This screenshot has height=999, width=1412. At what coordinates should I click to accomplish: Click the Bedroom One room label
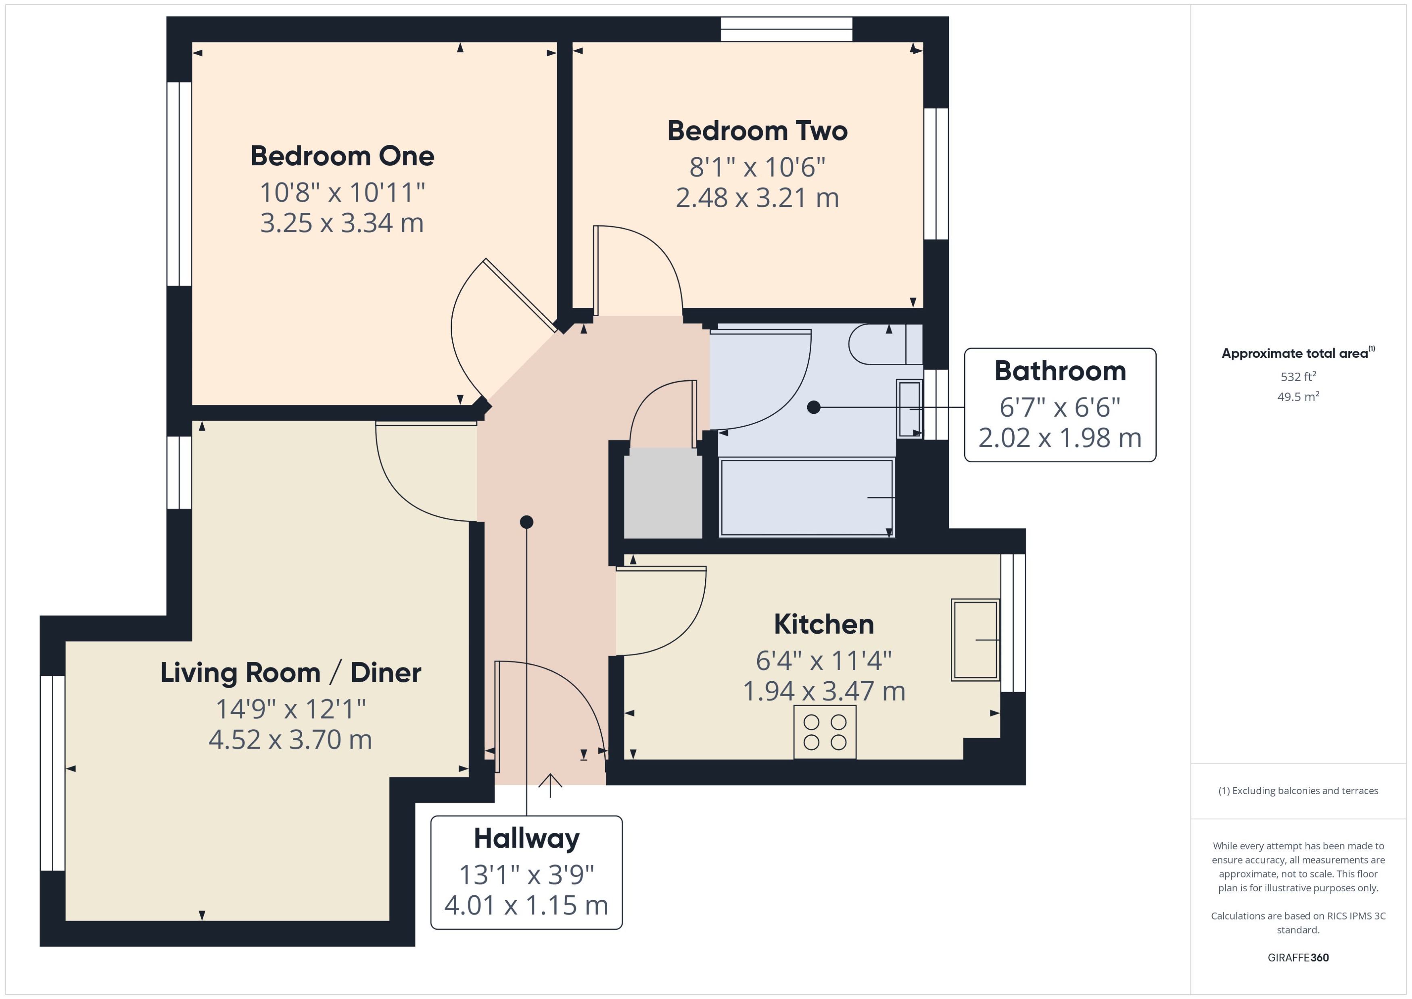pyautogui.click(x=342, y=156)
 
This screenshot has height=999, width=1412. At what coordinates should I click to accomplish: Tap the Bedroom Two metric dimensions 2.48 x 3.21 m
pyautogui.click(x=757, y=198)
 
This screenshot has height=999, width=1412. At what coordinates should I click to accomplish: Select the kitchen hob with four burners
pyautogui.click(x=825, y=732)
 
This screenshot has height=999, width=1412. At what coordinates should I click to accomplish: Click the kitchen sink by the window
pyautogui.click(x=975, y=640)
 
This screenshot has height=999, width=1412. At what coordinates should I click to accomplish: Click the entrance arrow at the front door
pyautogui.click(x=550, y=786)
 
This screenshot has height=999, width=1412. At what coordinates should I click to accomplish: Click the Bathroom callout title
pyautogui.click(x=1060, y=371)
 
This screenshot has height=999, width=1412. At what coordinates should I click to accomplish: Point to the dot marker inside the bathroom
pyautogui.click(x=813, y=407)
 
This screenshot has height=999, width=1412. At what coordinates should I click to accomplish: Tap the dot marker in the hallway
pyautogui.click(x=526, y=522)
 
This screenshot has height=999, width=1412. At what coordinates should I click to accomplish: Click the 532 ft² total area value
pyautogui.click(x=1298, y=376)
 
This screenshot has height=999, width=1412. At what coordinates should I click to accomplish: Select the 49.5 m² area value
pyautogui.click(x=1298, y=397)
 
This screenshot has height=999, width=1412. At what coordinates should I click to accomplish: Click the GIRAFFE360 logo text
pyautogui.click(x=1298, y=958)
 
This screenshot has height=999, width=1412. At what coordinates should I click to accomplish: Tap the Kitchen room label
pyautogui.click(x=824, y=624)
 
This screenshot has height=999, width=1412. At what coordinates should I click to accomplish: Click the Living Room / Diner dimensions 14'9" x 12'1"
pyautogui.click(x=290, y=709)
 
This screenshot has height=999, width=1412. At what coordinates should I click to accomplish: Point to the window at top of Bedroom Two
pyautogui.click(x=786, y=29)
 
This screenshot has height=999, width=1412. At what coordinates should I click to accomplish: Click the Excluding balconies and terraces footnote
pyautogui.click(x=1298, y=791)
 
